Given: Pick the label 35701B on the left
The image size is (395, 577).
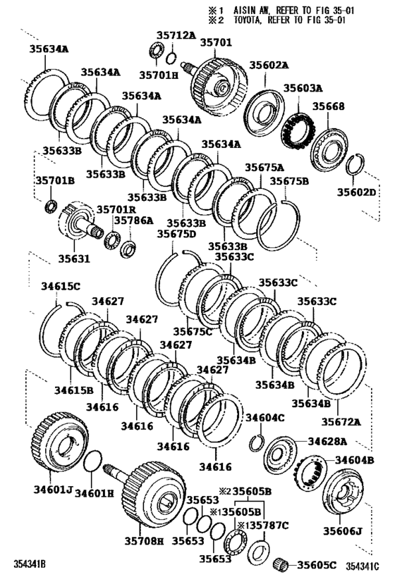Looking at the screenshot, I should point(54,180).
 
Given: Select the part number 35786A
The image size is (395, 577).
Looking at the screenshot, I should point(133,221).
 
